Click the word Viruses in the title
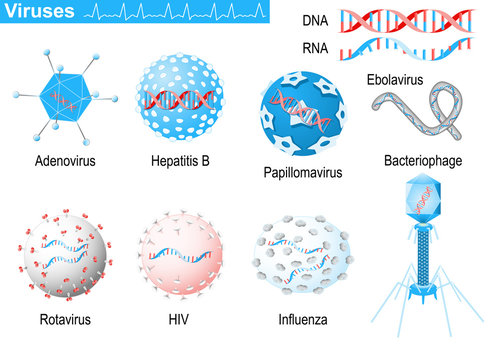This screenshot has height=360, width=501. click(x=38, y=12)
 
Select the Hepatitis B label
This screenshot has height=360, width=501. click(x=179, y=160)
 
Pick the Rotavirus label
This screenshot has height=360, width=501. click(x=61, y=320)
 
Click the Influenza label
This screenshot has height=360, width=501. click(x=303, y=320)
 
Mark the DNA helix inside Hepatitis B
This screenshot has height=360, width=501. click(x=180, y=99)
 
